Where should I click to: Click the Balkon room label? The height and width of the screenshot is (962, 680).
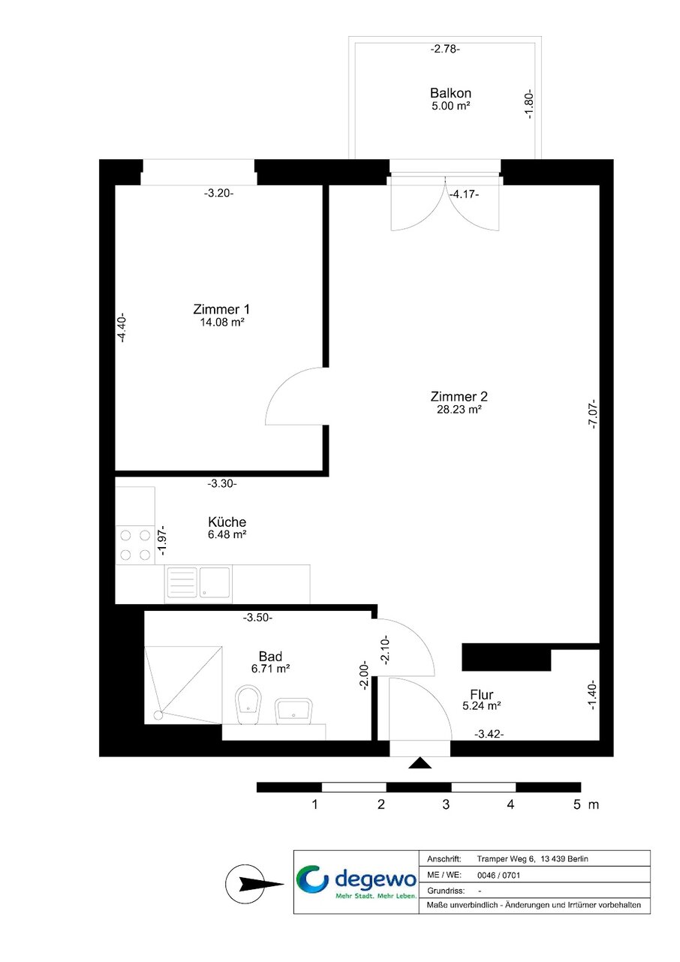pyautogui.click(x=450, y=93)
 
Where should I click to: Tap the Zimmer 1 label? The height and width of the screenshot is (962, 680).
pyautogui.click(x=221, y=309)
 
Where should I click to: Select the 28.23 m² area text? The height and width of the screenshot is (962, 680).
pyautogui.click(x=459, y=409)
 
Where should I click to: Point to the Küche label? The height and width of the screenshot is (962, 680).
pyautogui.click(x=227, y=522)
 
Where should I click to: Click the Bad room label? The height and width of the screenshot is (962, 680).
pyautogui.click(x=270, y=657)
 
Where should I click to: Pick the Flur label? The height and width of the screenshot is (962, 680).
pyautogui.click(x=482, y=694)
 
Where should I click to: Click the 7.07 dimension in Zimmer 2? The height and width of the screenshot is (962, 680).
pyautogui.click(x=592, y=414)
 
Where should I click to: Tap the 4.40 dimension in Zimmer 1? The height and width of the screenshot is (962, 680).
pyautogui.click(x=122, y=327)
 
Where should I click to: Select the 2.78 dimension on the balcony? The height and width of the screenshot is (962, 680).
pyautogui.click(x=445, y=50)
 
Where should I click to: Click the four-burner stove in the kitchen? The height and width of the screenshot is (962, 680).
pyautogui.click(x=135, y=545)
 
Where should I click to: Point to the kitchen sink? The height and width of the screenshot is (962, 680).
pyautogui.click(x=198, y=583)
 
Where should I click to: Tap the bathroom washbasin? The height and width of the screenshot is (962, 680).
pyautogui.click(x=293, y=711)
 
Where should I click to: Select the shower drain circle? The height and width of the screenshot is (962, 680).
pyautogui.click(x=158, y=715)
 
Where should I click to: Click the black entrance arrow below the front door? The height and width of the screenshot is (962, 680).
pyautogui.click(x=420, y=762)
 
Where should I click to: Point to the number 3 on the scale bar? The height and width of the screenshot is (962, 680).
pyautogui.click(x=446, y=804)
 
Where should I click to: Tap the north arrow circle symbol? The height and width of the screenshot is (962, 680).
pyautogui.click(x=245, y=884)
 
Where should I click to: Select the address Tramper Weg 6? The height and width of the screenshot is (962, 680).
pyautogui.click(x=506, y=859)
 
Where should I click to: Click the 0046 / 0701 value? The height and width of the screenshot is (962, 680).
pyautogui.click(x=498, y=875)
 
